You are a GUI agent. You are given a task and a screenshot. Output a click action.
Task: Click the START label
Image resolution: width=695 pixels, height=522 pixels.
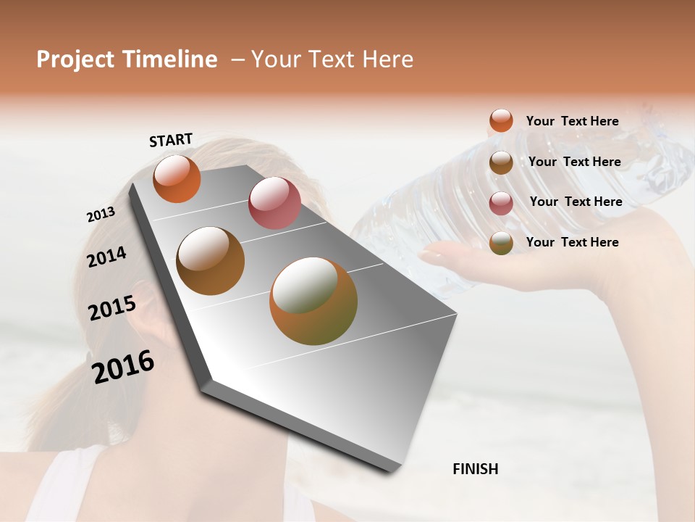171,139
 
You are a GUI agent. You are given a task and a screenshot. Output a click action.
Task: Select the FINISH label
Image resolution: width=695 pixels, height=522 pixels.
475,469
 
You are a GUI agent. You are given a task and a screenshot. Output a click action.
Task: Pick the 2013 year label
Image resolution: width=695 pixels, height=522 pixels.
101,215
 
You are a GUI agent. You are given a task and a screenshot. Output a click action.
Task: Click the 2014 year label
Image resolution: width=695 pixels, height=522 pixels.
106,257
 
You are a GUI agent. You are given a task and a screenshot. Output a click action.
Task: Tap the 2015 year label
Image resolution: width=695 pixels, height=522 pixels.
111,308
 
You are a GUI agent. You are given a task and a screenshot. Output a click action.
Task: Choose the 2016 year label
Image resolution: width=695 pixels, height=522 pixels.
123,367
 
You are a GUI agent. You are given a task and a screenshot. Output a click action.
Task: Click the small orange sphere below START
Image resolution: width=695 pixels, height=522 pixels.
177,178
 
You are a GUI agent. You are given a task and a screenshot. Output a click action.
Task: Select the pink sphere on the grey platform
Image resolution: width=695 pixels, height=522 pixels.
274,203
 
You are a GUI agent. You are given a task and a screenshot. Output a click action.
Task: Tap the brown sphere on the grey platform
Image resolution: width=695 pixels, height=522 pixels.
210,261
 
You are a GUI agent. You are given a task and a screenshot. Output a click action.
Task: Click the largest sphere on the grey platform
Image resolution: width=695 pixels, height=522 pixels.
313,301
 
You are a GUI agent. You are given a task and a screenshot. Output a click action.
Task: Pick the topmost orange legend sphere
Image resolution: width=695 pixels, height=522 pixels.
501,120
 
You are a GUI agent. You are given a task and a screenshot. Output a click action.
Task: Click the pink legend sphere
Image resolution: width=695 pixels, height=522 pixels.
501,203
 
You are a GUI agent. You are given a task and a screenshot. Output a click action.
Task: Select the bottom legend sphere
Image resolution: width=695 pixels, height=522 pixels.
501,244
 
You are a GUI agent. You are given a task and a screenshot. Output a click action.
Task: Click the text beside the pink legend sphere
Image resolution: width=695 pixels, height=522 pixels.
576,202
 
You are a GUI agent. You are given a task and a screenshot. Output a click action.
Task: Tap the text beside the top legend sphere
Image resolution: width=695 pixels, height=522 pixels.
572,121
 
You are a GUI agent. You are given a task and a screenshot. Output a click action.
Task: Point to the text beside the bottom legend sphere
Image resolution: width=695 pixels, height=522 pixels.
572,242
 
